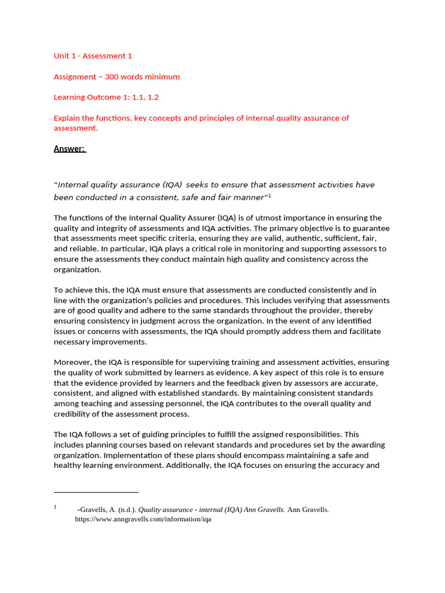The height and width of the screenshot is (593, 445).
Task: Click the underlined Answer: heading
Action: pos(70,149)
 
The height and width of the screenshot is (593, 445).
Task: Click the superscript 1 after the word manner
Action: pos(270,196)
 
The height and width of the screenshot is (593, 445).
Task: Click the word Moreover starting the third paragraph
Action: pos(72,362)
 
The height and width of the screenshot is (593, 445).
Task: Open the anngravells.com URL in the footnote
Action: pos(143,519)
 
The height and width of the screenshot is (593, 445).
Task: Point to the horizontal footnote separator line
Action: pos(96,492)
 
